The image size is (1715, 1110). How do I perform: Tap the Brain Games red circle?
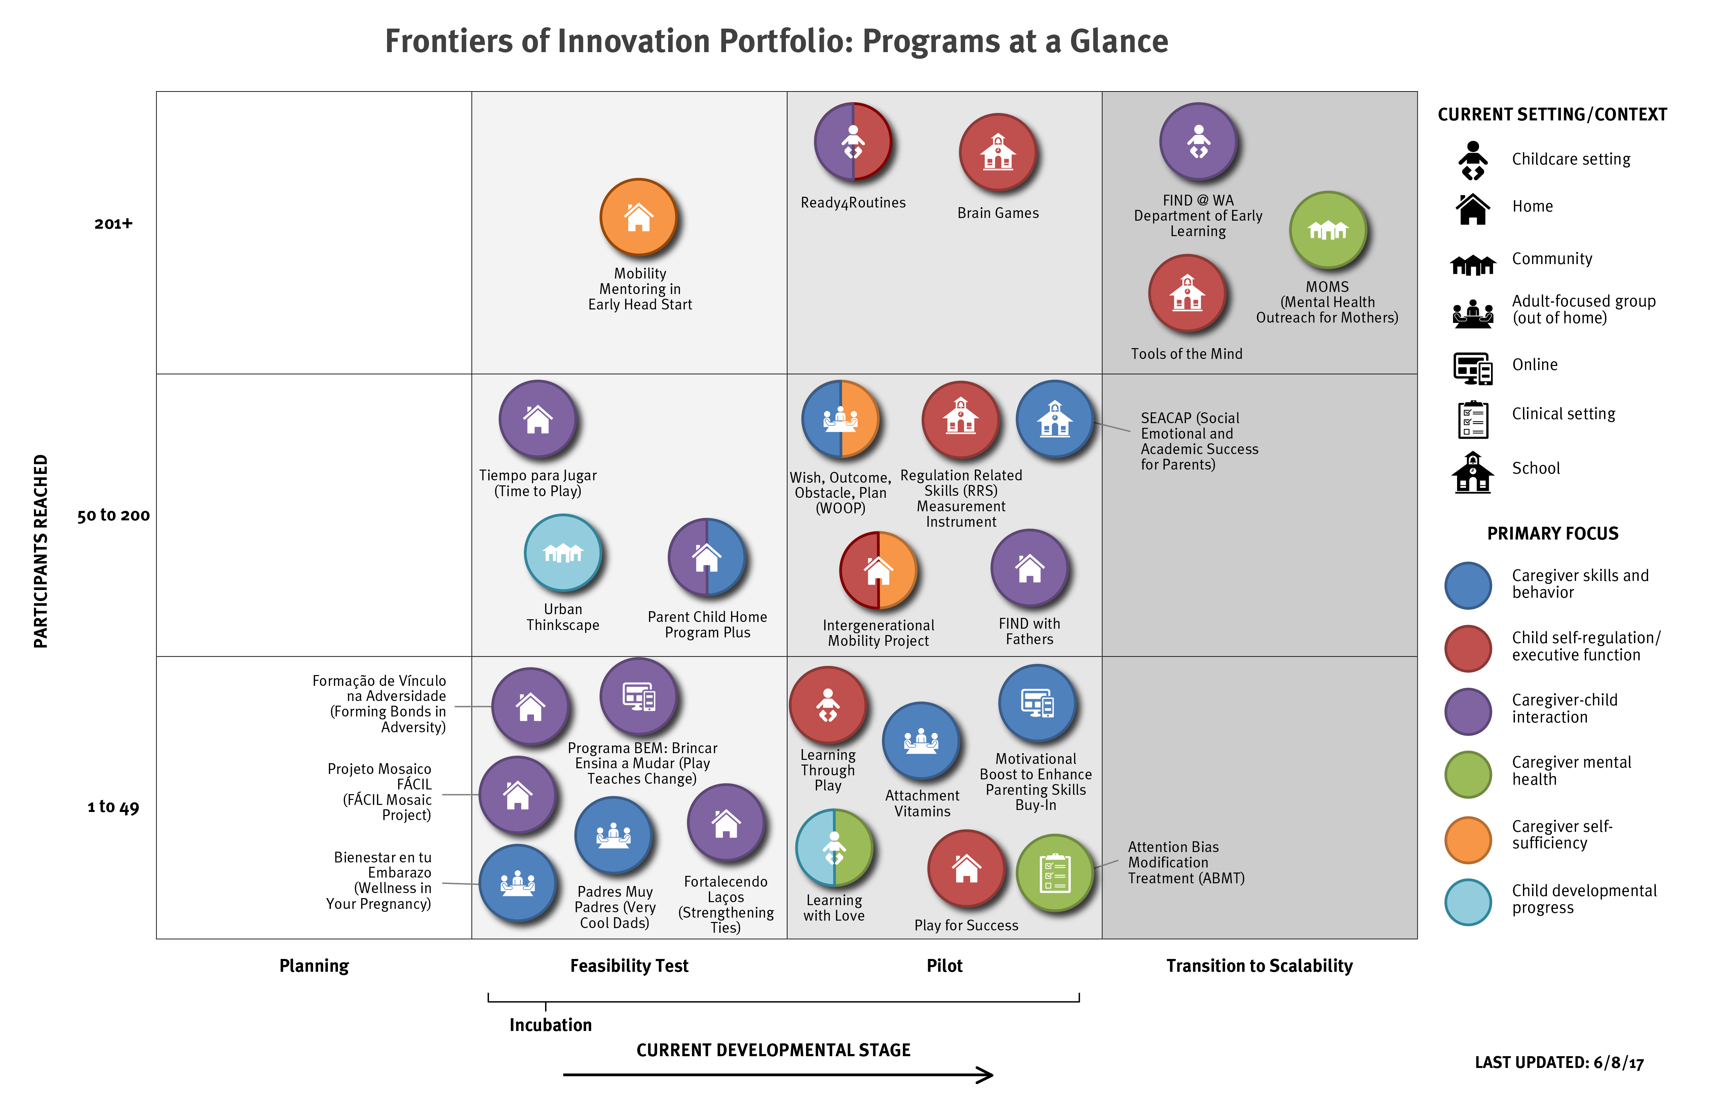[998, 152]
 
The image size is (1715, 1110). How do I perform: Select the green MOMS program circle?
[1328, 230]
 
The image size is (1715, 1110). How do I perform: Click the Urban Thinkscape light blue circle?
[563, 553]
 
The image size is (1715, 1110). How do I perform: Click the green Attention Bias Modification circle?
[1055, 873]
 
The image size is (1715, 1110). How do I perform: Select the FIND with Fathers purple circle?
[1030, 568]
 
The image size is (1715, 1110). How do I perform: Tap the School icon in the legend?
[1473, 472]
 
